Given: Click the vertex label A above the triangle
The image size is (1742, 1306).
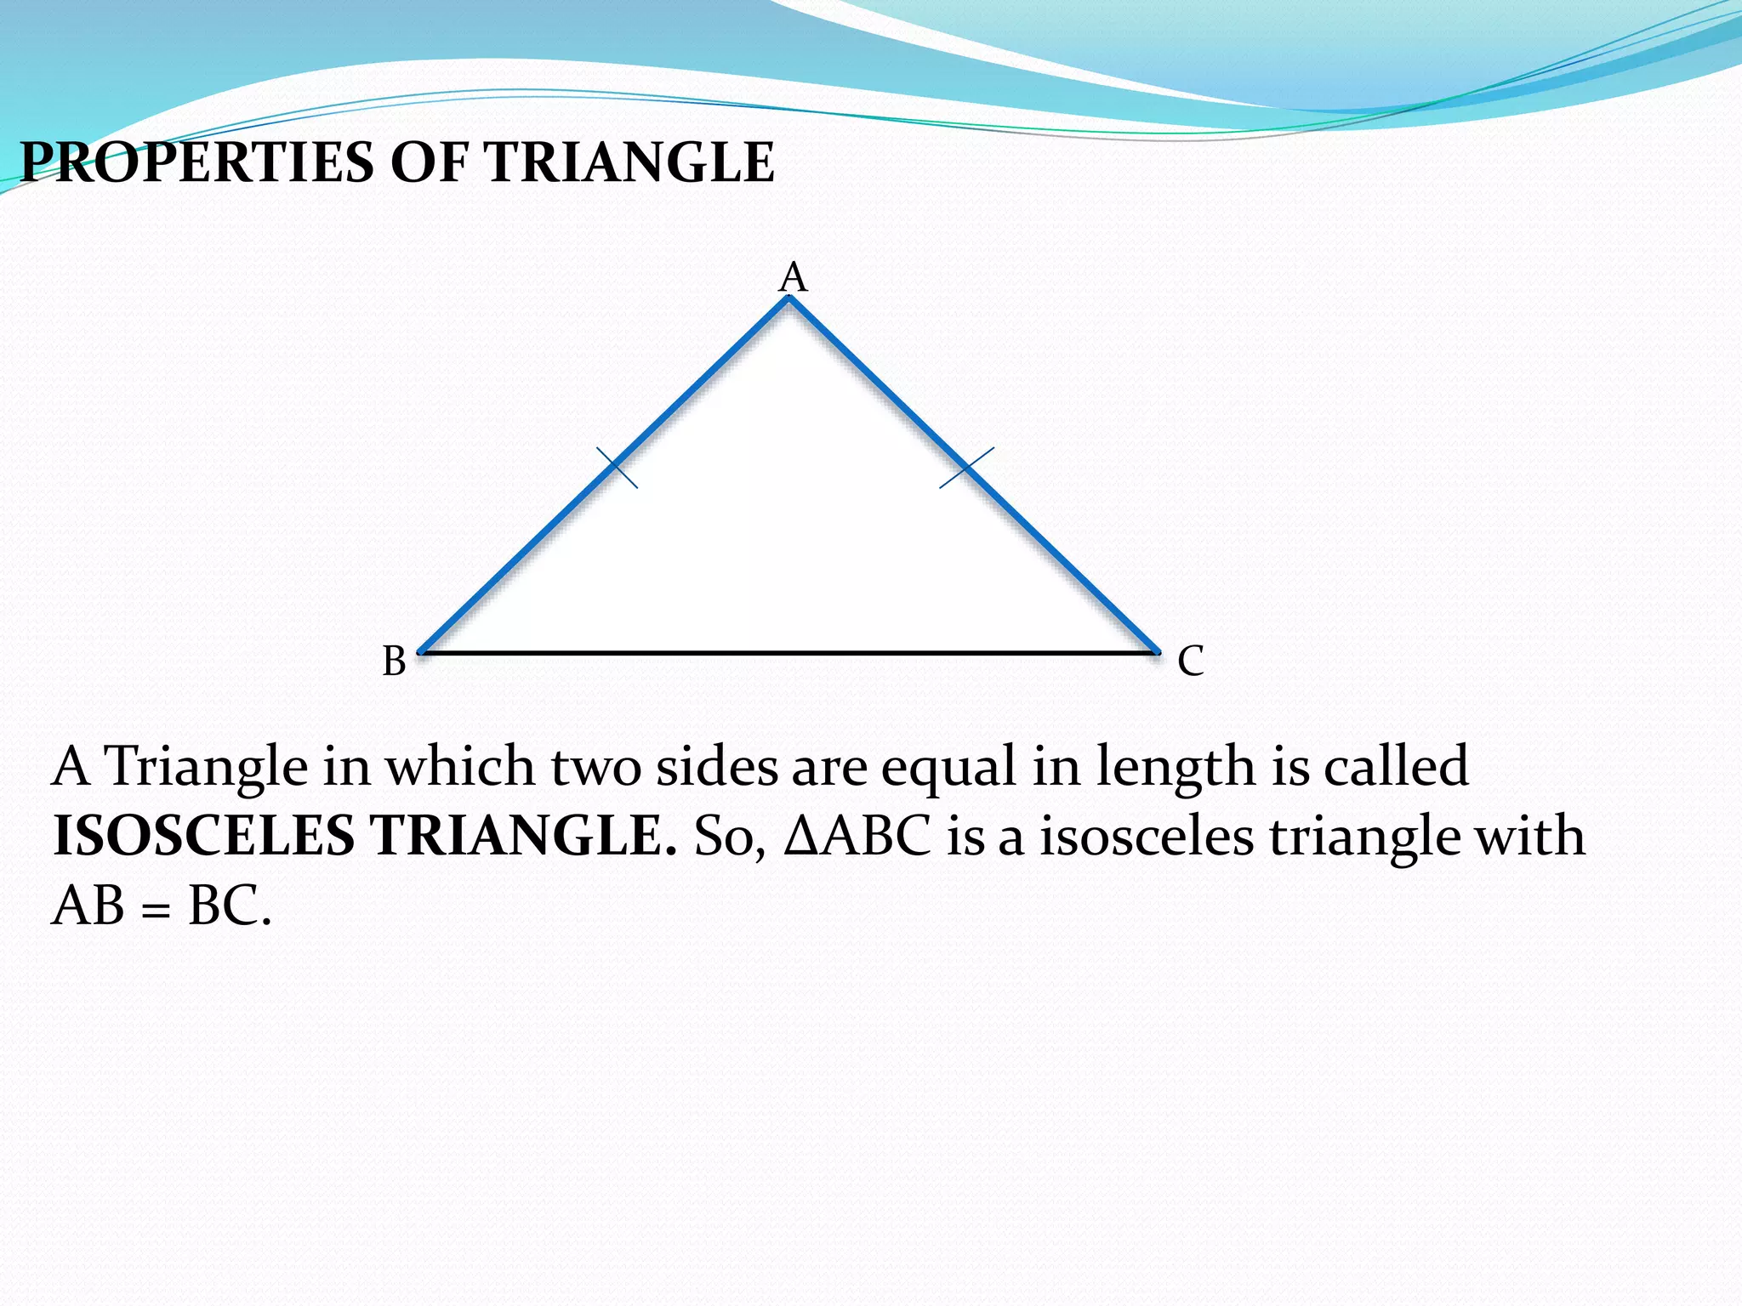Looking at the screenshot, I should (793, 278).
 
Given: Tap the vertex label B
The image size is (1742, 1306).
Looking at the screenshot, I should (394, 661).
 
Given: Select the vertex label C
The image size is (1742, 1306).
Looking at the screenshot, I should (1191, 661).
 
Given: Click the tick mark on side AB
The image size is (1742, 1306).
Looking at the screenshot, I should (618, 468).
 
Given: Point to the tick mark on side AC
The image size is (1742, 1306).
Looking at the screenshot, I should (966, 468).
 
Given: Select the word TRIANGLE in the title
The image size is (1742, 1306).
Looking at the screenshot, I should (629, 162).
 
